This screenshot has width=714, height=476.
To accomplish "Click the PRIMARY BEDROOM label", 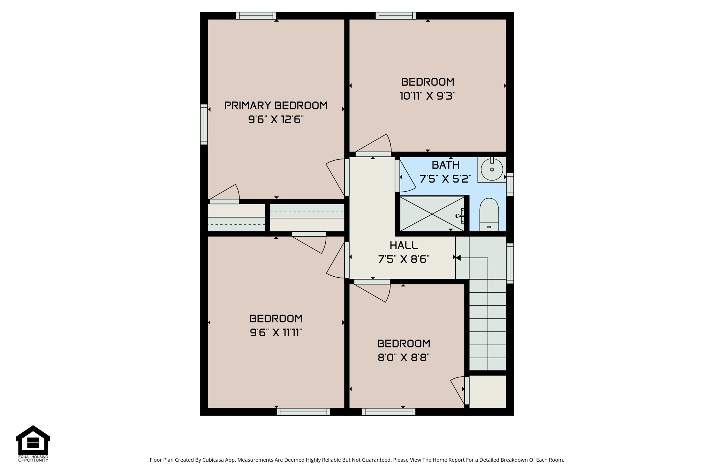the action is point(276,106).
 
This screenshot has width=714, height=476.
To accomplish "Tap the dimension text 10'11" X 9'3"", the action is point(428,96).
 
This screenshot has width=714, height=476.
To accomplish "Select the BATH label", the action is point(446,165).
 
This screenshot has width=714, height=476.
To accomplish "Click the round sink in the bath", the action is point(492,169).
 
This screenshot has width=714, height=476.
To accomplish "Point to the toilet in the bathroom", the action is point(489,215).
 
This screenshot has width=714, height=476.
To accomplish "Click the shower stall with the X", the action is point(432,214).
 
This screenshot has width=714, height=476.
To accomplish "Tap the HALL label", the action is point(404,245).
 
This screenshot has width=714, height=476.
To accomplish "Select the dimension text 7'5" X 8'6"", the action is point(404,259).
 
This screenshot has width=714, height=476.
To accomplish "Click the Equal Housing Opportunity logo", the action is point(33,443).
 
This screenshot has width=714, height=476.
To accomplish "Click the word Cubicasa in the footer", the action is point(213,460).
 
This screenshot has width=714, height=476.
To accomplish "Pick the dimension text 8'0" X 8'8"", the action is point(404,358).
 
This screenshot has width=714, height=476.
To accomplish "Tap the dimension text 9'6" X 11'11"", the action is point(276,333).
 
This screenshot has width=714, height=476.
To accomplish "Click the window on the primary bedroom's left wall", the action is point(204,124).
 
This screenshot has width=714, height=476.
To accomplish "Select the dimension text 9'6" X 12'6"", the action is point(276,120).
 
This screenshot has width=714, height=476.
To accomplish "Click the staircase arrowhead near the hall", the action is point(458,258).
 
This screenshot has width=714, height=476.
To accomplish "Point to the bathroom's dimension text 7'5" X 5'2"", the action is point(446,179).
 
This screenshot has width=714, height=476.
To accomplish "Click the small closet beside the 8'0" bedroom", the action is point(488,391).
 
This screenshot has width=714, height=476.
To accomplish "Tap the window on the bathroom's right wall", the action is point(510,184).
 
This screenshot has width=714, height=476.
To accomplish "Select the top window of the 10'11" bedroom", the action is point(396,16).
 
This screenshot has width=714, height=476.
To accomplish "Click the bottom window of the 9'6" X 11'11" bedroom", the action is point(303,412).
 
